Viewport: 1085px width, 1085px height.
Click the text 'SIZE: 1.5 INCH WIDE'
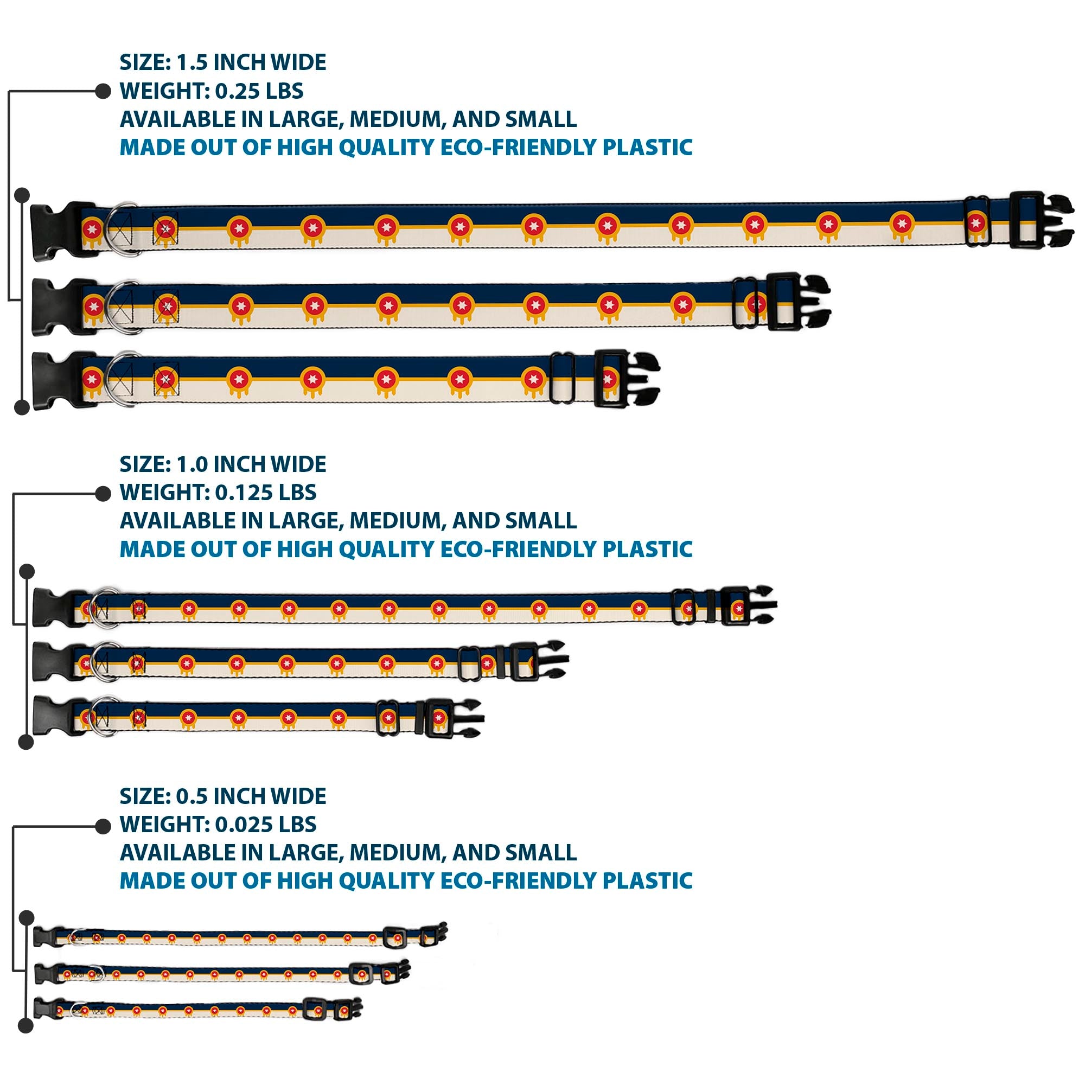[x=223, y=62]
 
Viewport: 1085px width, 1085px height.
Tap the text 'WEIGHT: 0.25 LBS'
[x=212, y=91]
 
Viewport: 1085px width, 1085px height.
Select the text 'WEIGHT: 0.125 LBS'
[x=218, y=493]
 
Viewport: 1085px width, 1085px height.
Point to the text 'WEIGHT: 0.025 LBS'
[x=218, y=825]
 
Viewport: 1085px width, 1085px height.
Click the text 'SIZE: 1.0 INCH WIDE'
[x=223, y=464]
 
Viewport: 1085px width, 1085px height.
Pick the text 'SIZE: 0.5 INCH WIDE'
[x=223, y=796]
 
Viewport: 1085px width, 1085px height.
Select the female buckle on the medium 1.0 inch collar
[x=54, y=661]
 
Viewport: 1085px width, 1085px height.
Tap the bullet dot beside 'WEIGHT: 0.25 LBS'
[x=103, y=92]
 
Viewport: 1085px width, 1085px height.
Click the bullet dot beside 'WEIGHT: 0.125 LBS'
[x=103, y=494]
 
